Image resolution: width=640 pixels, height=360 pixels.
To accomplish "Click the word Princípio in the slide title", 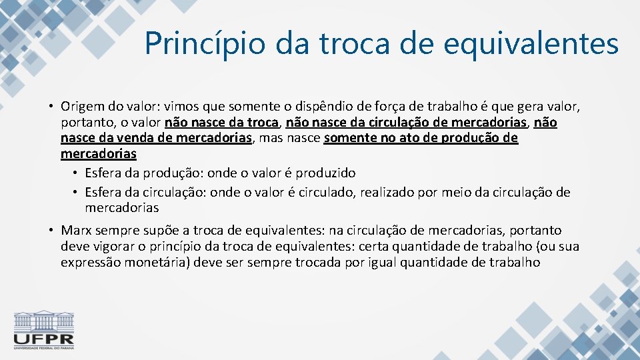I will click(x=196, y=44).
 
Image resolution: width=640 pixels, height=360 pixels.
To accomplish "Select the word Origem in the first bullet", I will click(x=81, y=107).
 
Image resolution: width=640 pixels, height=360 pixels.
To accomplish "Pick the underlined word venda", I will click(x=132, y=138).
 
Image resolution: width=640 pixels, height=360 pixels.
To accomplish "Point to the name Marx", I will click(x=76, y=231).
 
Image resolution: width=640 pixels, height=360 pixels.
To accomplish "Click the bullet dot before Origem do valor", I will click(x=50, y=107).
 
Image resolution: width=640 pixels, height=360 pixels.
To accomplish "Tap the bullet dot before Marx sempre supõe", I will click(x=50, y=231).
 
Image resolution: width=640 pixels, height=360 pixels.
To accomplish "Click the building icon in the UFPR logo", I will click(x=44, y=321).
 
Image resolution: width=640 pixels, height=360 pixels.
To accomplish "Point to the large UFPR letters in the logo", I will click(x=44, y=339).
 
